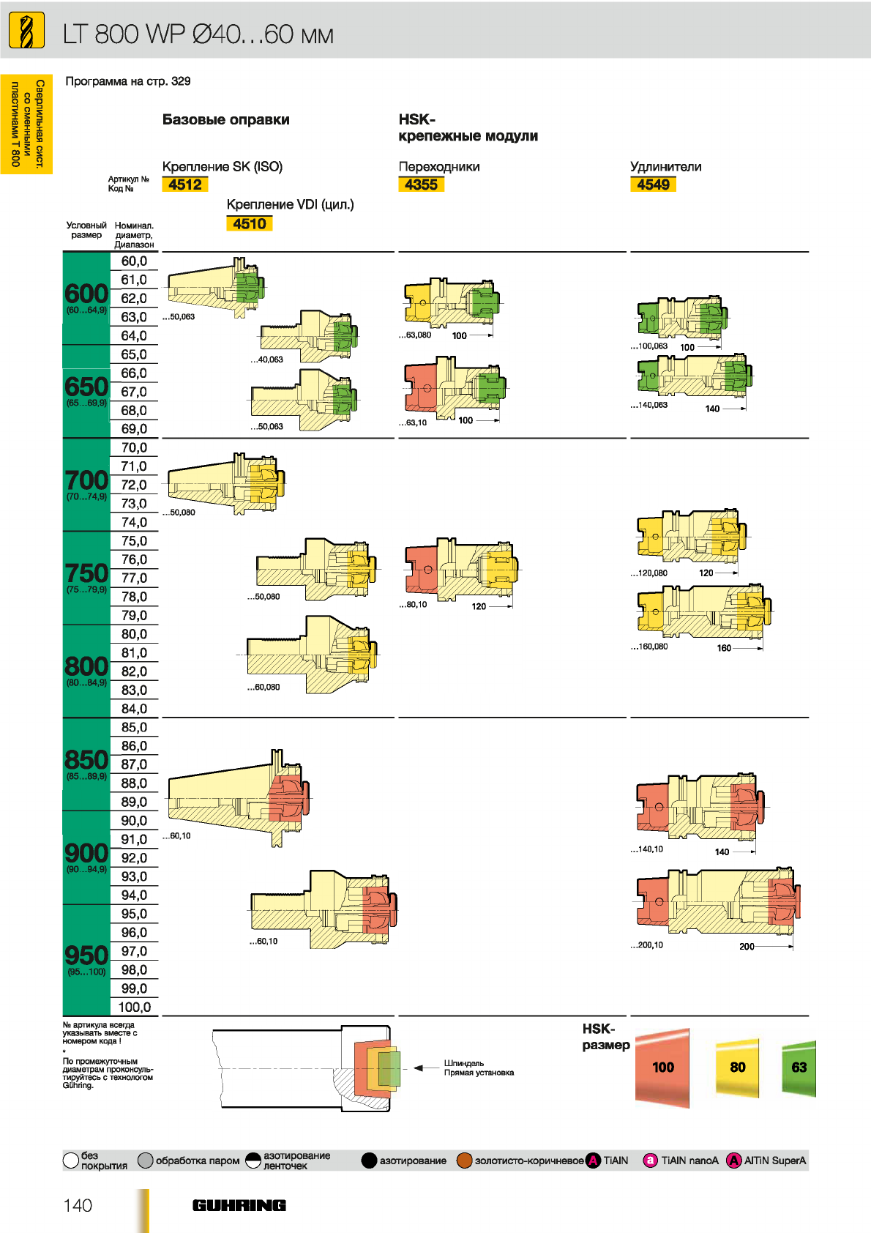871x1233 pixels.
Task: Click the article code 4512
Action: [185, 185]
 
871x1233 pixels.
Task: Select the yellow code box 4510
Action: [250, 223]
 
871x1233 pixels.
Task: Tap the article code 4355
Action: [421, 185]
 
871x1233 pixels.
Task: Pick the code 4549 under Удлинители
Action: [653, 185]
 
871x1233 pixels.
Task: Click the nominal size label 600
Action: [86, 294]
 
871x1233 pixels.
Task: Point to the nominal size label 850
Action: [86, 760]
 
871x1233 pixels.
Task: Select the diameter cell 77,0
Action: [134, 578]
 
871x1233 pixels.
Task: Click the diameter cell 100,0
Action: [134, 1007]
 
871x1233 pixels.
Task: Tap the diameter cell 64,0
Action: [134, 336]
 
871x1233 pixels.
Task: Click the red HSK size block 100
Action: [662, 1068]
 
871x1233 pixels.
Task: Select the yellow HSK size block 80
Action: [737, 1068]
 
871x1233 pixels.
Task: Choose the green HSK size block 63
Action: [799, 1068]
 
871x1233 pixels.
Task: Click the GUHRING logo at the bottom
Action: [239, 1205]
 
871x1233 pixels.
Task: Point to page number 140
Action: [78, 1205]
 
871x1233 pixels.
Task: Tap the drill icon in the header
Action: [26, 30]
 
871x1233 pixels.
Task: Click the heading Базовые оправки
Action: [225, 119]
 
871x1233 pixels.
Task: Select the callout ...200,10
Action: [647, 945]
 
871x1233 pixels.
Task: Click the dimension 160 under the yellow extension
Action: [724, 648]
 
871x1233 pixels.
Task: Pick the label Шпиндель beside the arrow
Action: [464, 1063]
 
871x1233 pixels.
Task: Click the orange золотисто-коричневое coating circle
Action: [464, 1161]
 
